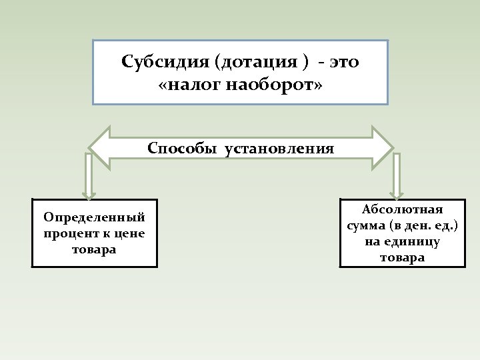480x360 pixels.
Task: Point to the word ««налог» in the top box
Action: click(191, 85)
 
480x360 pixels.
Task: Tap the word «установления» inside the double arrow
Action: click(280, 147)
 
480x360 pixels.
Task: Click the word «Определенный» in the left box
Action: click(94, 217)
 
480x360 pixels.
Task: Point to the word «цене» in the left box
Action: click(131, 233)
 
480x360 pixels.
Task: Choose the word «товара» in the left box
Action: click(94, 249)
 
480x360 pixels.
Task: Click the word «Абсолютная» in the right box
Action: click(402, 210)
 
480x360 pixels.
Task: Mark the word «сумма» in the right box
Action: click(366, 226)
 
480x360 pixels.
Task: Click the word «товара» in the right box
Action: click(402, 258)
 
